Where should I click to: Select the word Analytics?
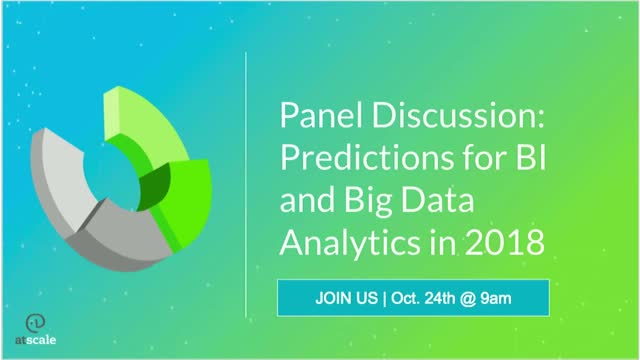point(350,242)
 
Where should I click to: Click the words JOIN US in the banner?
point(347,298)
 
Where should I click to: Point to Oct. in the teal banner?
point(406,298)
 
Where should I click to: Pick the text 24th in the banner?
point(440,298)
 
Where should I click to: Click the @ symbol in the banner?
point(468,299)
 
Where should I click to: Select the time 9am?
point(496,299)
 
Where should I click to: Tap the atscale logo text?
point(36,340)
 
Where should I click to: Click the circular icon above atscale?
point(36,323)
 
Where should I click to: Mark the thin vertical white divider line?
point(246,184)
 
